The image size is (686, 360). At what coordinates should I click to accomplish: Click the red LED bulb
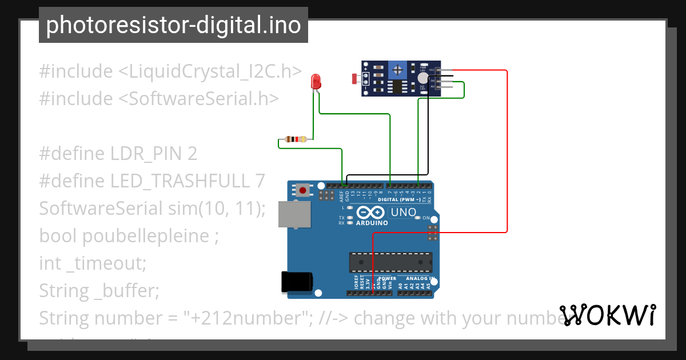pyautogui.click(x=315, y=82)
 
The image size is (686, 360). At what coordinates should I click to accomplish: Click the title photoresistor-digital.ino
pyautogui.click(x=173, y=25)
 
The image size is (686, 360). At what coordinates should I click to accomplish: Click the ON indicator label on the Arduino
pyautogui.click(x=426, y=218)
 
